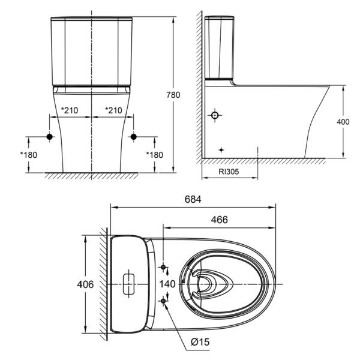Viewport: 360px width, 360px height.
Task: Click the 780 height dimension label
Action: point(173,95)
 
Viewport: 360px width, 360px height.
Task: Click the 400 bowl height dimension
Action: point(343,122)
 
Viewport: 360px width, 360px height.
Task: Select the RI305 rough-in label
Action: point(229,172)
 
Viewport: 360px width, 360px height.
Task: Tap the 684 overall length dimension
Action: point(193,199)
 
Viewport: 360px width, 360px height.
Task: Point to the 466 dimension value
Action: point(220,220)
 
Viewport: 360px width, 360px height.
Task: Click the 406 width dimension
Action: point(85,284)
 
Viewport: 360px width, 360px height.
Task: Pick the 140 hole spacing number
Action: point(167,284)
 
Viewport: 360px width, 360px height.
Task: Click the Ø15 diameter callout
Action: point(200,342)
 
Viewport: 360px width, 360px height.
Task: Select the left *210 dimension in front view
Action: point(70,110)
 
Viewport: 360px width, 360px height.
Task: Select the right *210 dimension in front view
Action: point(113,110)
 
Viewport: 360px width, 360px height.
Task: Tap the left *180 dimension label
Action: point(28,155)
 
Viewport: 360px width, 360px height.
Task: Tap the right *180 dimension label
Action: point(155,155)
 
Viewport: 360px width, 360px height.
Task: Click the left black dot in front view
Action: point(50,137)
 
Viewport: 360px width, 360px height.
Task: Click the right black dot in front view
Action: point(134,137)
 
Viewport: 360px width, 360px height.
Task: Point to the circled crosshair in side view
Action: point(215,115)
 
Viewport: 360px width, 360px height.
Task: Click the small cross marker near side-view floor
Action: point(221,150)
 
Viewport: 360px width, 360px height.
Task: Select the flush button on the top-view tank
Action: point(129,284)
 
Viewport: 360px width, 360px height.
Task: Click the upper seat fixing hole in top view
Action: point(163,267)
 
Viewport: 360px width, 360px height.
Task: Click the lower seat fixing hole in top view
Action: point(163,301)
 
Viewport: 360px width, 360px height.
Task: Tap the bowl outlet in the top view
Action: point(205,284)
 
